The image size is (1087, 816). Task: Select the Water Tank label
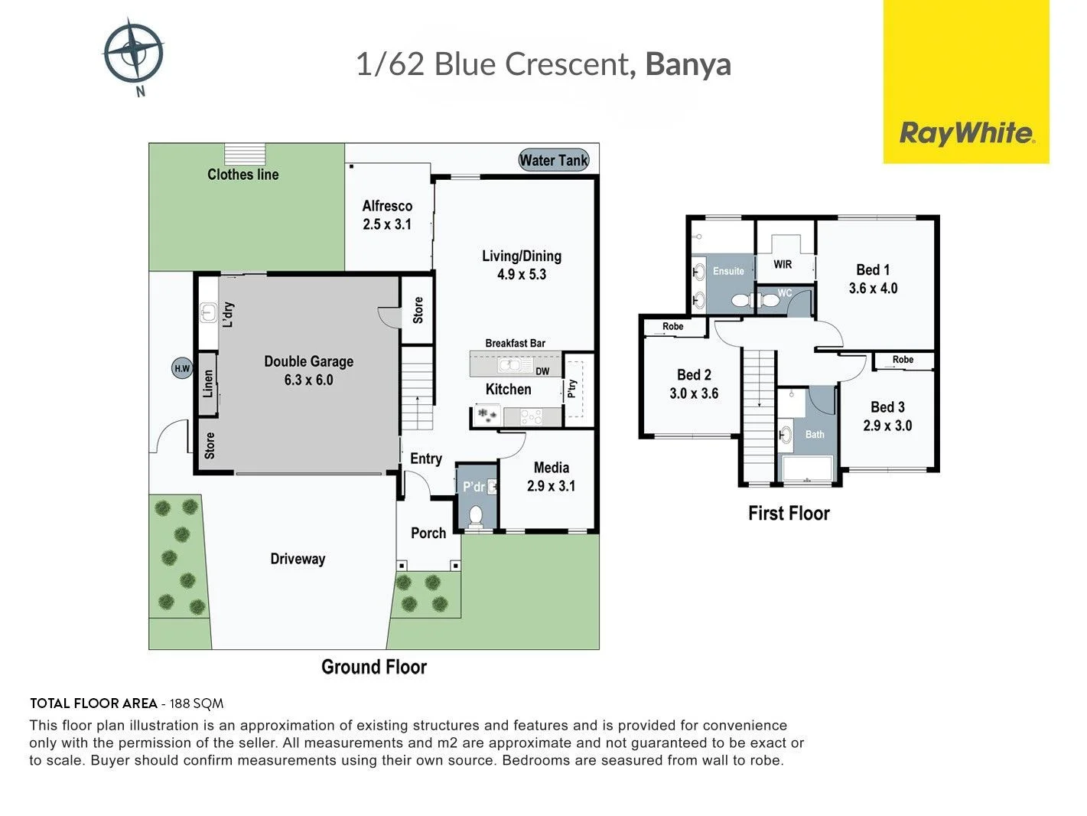(x=554, y=160)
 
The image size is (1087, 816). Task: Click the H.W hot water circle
(x=182, y=368)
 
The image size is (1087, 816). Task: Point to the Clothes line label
(x=242, y=175)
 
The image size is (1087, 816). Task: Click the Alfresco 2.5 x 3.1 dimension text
(x=387, y=224)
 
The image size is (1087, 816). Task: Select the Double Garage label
(x=308, y=361)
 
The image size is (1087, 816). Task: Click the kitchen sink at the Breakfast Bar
(x=509, y=365)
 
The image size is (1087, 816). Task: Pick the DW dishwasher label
(x=542, y=371)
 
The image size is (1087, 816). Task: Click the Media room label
(x=552, y=467)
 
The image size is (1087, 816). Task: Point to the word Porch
(x=428, y=533)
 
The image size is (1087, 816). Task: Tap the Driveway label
(x=298, y=559)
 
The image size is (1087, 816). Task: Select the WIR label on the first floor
(x=783, y=265)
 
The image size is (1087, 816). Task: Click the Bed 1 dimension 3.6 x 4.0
(x=873, y=289)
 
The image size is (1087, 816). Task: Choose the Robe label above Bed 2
(x=672, y=327)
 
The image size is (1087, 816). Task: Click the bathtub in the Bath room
(x=807, y=468)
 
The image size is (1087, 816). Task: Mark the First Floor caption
(x=789, y=514)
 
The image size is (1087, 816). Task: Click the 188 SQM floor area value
(x=197, y=703)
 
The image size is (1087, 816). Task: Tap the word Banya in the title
(x=688, y=64)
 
